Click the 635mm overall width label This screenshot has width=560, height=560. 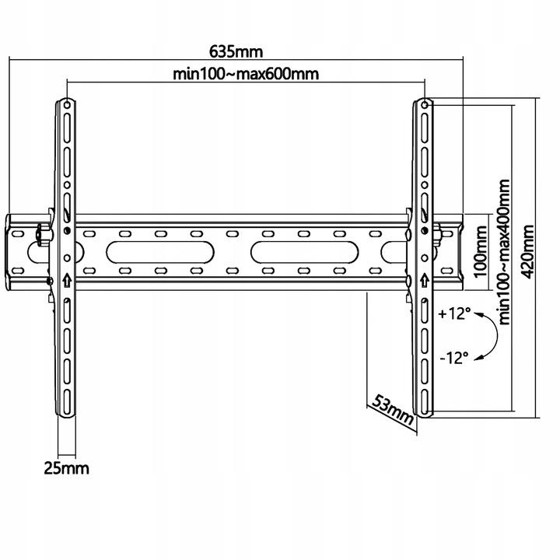point(236,52)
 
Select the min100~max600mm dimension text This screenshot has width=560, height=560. point(247,74)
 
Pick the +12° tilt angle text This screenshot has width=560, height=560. point(455,314)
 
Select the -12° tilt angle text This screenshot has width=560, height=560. point(454,358)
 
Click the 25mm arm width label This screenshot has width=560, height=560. point(66,467)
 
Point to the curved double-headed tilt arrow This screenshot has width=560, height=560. point(490,336)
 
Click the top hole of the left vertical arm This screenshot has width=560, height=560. point(67,103)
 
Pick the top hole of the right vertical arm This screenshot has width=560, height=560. point(425,103)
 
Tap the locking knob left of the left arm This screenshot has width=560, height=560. point(40,233)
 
